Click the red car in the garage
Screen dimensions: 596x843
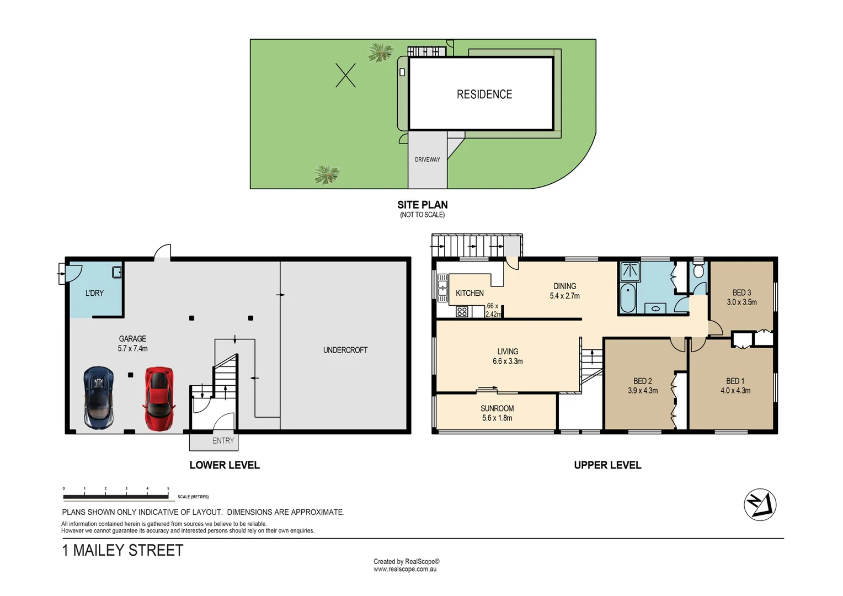[x=159, y=398]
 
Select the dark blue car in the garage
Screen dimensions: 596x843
[x=99, y=398]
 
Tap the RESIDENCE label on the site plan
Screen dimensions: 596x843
[x=484, y=94]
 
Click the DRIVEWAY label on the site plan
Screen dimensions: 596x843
[x=427, y=159]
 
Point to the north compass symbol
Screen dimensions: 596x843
[x=760, y=504]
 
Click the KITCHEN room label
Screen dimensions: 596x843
[x=469, y=293]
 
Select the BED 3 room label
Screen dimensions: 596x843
[x=741, y=297]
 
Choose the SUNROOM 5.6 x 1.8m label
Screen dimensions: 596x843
[x=497, y=413]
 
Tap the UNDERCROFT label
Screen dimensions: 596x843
[x=345, y=350]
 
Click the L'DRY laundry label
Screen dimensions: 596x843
[x=94, y=293]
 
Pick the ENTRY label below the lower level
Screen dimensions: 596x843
[x=223, y=440]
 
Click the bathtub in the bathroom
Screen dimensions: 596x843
[x=628, y=297]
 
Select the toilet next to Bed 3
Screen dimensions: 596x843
[x=698, y=270]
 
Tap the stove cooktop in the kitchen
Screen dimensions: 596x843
[x=462, y=312]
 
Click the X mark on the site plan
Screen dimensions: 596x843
[x=345, y=75]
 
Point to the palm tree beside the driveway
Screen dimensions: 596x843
[x=327, y=174]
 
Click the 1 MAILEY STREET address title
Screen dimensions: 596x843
[x=122, y=550]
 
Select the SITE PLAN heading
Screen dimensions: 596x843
[x=422, y=205]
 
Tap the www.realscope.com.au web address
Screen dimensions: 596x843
[x=405, y=569]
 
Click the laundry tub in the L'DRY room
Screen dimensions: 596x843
[x=117, y=272]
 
